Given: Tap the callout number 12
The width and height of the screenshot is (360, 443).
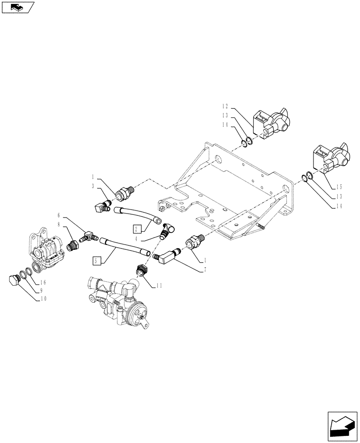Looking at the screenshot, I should point(225,106).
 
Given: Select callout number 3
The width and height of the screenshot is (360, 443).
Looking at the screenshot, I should point(94,187).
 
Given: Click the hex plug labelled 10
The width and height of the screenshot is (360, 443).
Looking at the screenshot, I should point(15,280).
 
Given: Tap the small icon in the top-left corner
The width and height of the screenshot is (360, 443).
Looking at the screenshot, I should point(18,7).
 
